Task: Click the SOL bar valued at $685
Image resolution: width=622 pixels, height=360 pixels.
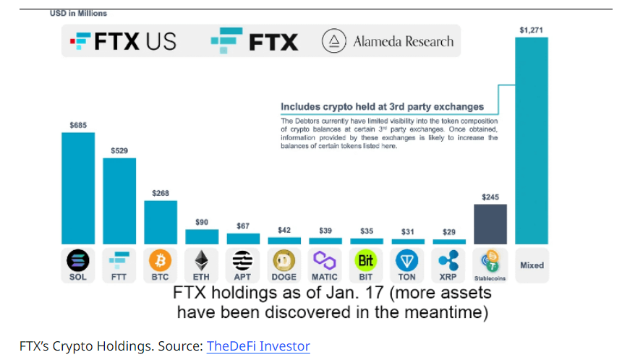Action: click(x=77, y=188)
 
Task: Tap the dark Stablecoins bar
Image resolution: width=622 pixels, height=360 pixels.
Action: click(x=490, y=224)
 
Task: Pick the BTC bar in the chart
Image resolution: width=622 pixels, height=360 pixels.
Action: click(x=160, y=222)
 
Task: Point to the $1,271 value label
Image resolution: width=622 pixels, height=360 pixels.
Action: click(x=531, y=30)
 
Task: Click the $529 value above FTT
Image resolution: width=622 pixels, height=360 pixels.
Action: click(x=119, y=150)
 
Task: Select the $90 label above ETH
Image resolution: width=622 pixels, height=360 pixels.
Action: click(x=202, y=222)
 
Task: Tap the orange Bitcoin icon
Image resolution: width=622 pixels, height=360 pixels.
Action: click(x=160, y=260)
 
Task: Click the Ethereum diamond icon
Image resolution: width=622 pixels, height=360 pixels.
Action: click(x=202, y=260)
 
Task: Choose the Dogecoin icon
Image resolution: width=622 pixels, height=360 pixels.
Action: click(x=284, y=260)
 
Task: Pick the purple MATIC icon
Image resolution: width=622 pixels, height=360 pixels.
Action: click(x=325, y=260)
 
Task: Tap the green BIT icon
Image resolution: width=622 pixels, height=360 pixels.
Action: click(x=367, y=260)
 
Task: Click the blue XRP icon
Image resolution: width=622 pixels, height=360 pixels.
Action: click(x=449, y=260)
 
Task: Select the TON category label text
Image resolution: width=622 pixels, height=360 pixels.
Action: click(x=408, y=277)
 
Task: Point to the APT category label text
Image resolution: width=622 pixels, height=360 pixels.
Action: click(x=243, y=277)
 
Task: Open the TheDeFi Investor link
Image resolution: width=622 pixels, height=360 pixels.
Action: click(x=258, y=346)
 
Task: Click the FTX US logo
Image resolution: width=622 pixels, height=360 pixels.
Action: click(x=123, y=41)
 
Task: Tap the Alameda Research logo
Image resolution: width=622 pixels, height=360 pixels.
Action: click(x=388, y=41)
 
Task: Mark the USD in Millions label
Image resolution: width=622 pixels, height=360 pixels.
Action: click(x=78, y=13)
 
